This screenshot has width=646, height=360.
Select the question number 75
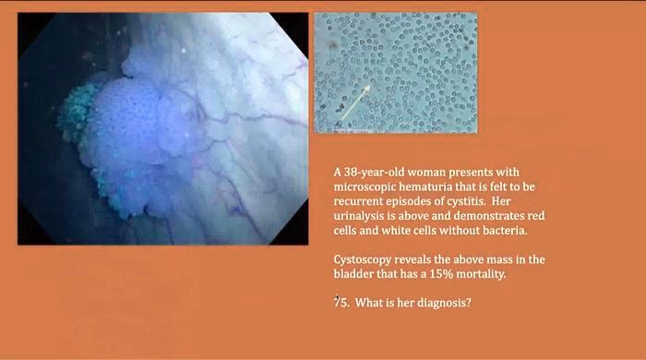point(341,302)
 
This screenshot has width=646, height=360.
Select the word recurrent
point(357,201)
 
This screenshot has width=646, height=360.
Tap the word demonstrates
point(495,215)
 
